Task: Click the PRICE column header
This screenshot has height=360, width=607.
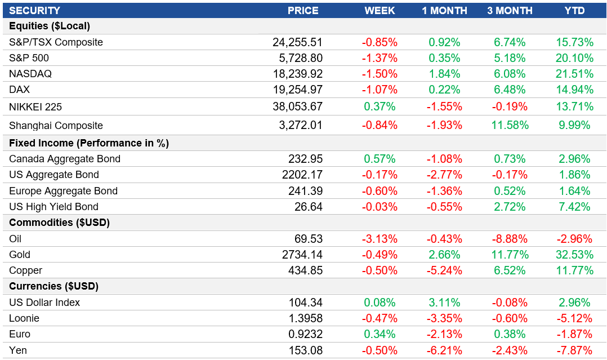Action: (x=302, y=11)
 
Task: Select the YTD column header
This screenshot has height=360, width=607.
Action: (x=574, y=11)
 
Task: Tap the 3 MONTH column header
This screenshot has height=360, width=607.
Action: (x=510, y=11)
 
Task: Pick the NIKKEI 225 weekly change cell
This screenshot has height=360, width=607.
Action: (x=380, y=106)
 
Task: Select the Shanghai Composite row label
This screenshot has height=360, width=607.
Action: (x=56, y=126)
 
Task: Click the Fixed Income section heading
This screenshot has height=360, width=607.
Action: (x=89, y=143)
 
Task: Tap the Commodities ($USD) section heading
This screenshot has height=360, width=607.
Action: (x=59, y=223)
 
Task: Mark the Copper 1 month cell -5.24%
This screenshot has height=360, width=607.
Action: (x=444, y=270)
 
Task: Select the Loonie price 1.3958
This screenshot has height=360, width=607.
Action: (x=303, y=318)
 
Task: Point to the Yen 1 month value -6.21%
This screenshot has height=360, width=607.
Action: (x=444, y=350)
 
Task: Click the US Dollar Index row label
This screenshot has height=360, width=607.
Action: (x=44, y=303)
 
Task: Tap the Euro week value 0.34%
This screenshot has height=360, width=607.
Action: (x=380, y=334)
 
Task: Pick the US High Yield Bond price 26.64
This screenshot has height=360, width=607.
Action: (x=309, y=207)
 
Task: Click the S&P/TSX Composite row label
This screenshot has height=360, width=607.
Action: (x=56, y=42)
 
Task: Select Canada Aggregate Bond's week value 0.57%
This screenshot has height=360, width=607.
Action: (x=380, y=159)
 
